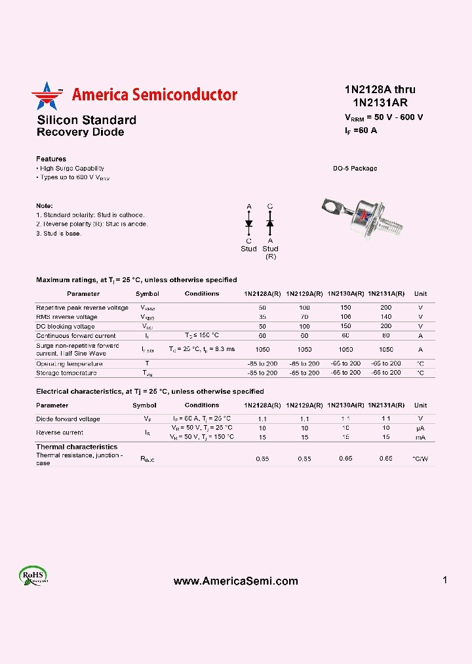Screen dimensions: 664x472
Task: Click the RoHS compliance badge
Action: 33,575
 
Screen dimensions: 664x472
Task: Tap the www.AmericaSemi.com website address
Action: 235,581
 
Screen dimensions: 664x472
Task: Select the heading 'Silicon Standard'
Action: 87,120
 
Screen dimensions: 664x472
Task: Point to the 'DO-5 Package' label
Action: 355,169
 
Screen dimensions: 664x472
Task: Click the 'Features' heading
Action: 51,159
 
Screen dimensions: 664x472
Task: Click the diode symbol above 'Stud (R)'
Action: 269,223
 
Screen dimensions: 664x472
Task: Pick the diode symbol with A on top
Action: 248,223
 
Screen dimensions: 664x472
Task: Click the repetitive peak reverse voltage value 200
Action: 385,308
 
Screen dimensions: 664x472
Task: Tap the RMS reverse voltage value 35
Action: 262,317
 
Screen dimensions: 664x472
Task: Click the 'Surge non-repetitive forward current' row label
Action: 77,349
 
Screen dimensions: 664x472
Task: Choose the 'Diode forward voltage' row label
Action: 68,419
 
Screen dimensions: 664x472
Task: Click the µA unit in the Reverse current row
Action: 420,428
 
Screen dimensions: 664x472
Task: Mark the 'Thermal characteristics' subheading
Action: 77,447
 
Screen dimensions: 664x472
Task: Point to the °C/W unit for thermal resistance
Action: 420,459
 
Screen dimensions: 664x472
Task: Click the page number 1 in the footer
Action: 445,580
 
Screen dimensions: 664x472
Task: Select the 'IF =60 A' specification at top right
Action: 361,130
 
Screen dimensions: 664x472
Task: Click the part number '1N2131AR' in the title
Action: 380,102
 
